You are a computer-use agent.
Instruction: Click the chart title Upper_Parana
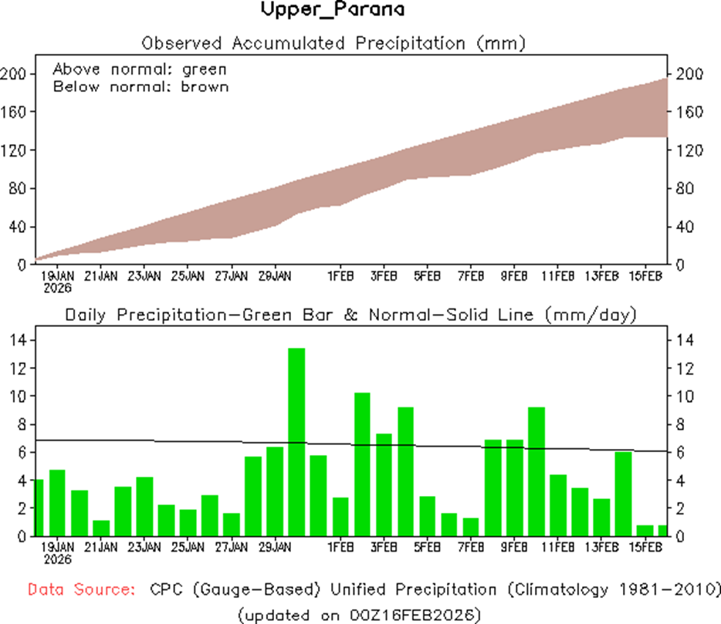(x=332, y=10)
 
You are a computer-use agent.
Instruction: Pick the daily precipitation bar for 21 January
(x=100, y=528)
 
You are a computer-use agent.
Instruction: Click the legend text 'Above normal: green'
(x=140, y=69)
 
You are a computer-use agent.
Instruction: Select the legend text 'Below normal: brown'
(x=140, y=86)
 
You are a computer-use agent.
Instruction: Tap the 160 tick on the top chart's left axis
(x=14, y=112)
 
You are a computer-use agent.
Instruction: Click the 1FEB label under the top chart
(x=340, y=275)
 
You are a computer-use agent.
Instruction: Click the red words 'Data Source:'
(x=81, y=590)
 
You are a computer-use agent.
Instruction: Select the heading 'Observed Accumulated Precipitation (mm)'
(x=333, y=42)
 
